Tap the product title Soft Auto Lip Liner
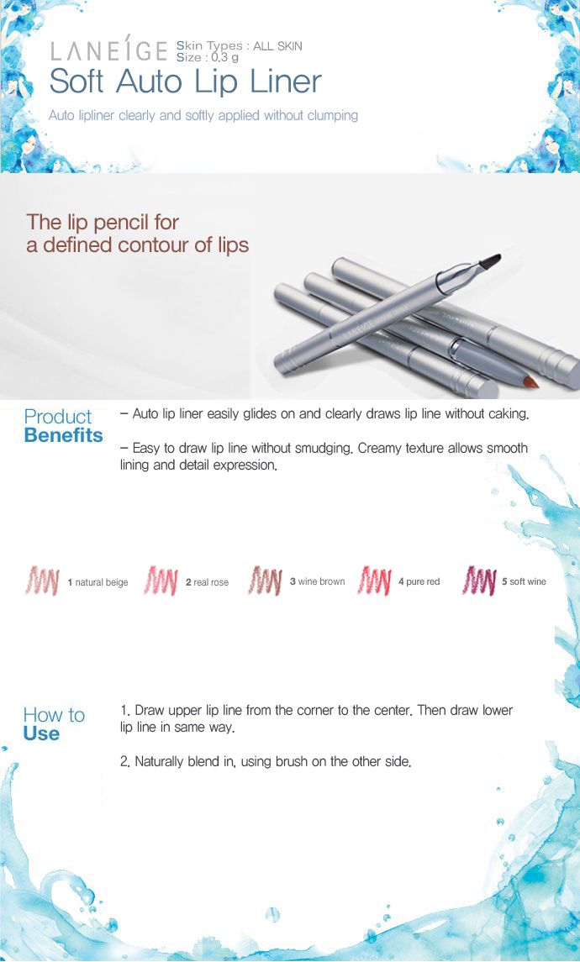[186, 81]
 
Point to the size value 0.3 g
[225, 58]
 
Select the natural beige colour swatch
[42, 581]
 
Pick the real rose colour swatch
[161, 581]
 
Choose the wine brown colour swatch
[265, 581]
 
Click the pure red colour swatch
[374, 581]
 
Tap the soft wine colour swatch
[479, 581]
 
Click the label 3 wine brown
[317, 581]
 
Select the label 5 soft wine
[524, 581]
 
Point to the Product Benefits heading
[63, 426]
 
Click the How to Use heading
[54, 724]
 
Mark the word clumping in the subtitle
[333, 115]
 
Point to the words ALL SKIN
[277, 46]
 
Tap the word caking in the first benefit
[509, 414]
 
